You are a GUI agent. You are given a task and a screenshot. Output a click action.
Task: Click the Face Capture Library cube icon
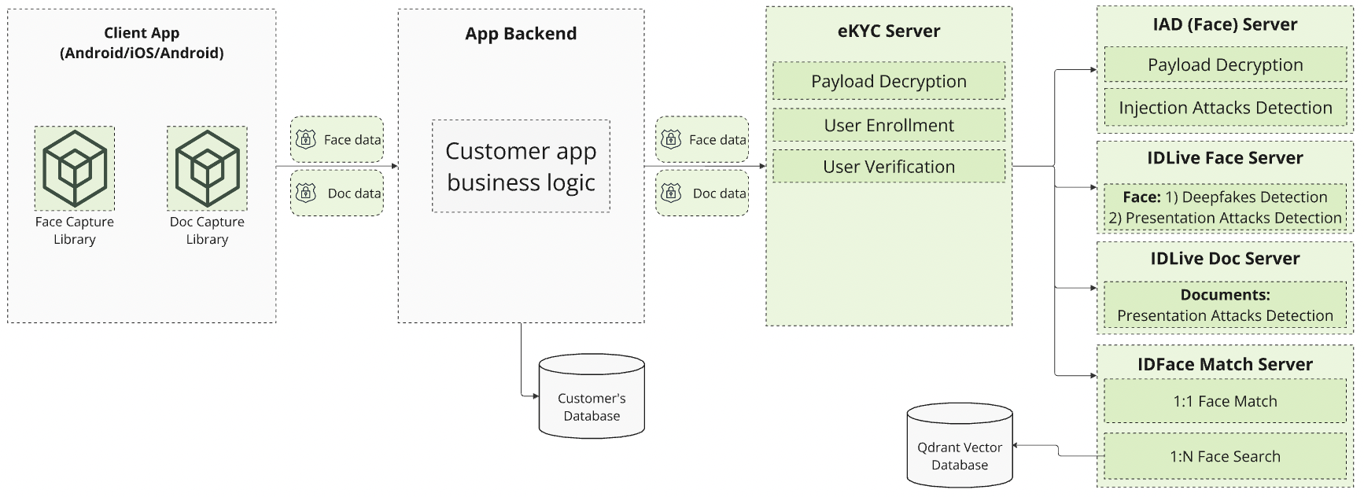click(75, 168)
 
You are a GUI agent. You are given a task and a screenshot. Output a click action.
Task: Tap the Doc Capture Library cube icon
click(207, 168)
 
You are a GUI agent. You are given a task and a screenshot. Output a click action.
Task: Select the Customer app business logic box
click(521, 166)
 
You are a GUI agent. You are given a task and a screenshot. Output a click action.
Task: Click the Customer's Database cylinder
click(592, 397)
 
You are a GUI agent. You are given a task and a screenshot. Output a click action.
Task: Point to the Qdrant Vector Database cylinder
click(959, 446)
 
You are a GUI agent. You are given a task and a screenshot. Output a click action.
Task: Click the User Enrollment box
click(889, 125)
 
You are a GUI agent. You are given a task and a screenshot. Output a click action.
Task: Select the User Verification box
click(889, 167)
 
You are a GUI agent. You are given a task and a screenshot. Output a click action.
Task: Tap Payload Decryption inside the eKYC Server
click(889, 81)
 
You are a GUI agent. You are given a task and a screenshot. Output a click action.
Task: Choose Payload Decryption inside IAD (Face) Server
click(1225, 65)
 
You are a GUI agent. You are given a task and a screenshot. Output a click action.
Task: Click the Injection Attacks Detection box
click(1225, 108)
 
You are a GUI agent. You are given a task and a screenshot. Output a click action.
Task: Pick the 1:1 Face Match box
click(1225, 401)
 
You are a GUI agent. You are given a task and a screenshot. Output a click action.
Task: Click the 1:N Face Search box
click(1225, 456)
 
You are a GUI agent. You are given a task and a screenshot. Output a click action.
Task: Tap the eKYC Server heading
click(889, 31)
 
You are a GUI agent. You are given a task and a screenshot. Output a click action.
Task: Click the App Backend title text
click(521, 34)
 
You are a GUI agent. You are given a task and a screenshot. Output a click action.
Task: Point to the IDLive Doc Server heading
click(1225, 259)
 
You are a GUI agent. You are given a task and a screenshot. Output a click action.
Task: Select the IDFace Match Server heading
click(1225, 365)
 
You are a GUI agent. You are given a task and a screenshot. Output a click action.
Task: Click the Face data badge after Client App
click(337, 140)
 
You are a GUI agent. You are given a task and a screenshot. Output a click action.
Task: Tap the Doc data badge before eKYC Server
click(702, 193)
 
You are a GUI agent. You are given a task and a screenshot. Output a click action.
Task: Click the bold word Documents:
click(1225, 295)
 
